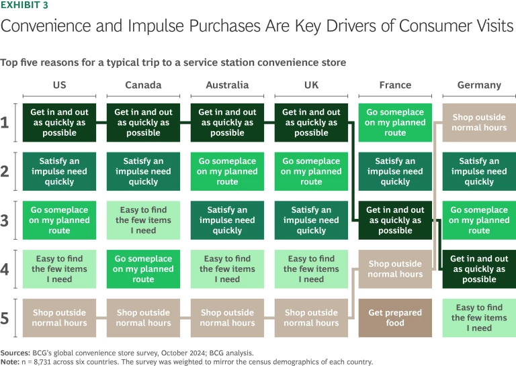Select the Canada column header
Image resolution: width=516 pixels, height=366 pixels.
coord(143,85)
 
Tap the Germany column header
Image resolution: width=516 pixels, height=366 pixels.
coord(479,85)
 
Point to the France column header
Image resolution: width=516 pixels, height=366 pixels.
coord(395,85)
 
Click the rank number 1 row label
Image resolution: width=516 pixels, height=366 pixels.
coord(5,122)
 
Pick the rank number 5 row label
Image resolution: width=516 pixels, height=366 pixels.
coord(5,318)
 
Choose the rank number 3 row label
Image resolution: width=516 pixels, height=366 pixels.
coord(5,220)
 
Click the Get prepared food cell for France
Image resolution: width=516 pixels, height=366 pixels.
coord(395,318)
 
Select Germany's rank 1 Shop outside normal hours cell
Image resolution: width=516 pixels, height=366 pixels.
coord(479,122)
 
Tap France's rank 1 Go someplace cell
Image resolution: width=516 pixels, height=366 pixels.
coord(395,122)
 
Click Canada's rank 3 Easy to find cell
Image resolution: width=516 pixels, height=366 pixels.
coord(143,220)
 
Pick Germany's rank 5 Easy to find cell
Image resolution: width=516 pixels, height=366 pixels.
coord(479,318)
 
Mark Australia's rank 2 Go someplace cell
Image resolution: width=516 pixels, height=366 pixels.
coord(227,171)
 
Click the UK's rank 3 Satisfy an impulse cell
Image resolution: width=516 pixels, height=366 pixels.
coord(311,220)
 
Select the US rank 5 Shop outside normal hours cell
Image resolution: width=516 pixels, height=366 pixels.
coord(59,318)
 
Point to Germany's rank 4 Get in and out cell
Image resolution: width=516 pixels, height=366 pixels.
coord(479,269)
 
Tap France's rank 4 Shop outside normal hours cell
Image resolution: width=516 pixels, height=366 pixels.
coord(395,269)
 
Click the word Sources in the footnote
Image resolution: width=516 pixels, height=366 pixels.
coord(15,351)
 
